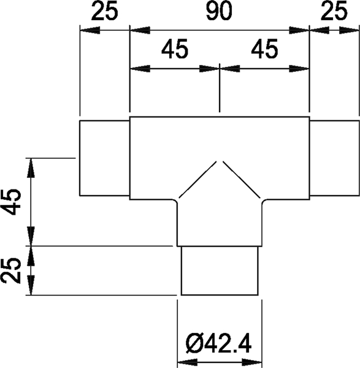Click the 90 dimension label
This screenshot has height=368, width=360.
219,11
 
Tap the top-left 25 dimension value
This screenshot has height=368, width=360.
104,11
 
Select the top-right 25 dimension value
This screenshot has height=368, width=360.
334,10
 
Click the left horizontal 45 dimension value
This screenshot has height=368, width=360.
175,49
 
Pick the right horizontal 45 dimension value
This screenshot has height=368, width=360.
264,49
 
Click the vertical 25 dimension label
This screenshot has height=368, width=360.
11,270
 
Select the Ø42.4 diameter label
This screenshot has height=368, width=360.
218,344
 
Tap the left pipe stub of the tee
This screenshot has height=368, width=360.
105,158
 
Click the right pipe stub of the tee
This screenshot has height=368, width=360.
334,158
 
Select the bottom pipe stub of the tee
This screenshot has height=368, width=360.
220,270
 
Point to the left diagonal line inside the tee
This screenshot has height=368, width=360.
197,179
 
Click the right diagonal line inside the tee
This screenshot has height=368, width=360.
241,179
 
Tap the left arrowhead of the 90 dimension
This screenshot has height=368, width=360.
140,30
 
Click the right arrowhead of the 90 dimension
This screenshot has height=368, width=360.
299,30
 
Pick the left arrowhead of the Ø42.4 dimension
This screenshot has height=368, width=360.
187,362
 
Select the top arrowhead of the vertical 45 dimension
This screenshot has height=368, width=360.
31,168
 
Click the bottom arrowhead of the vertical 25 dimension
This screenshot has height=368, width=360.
31,285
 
